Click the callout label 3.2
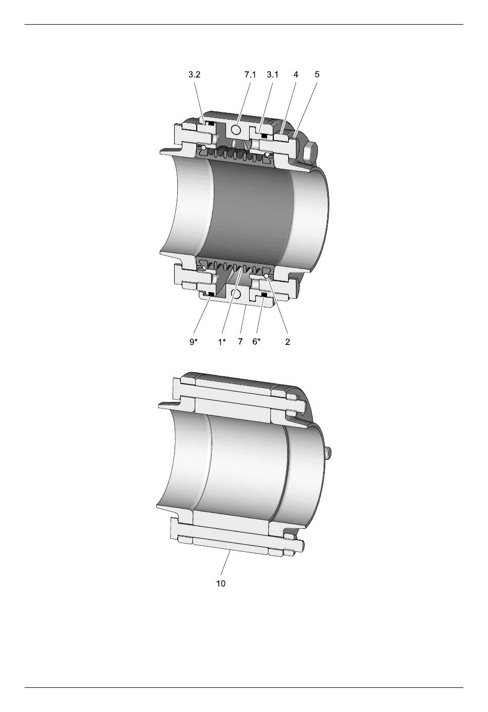194,75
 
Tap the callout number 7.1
250,75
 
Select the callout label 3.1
273,75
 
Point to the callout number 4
296,75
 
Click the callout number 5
317,74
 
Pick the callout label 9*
194,342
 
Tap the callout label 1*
222,342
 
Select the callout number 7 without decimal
240,342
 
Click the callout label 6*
256,342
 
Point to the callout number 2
288,342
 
